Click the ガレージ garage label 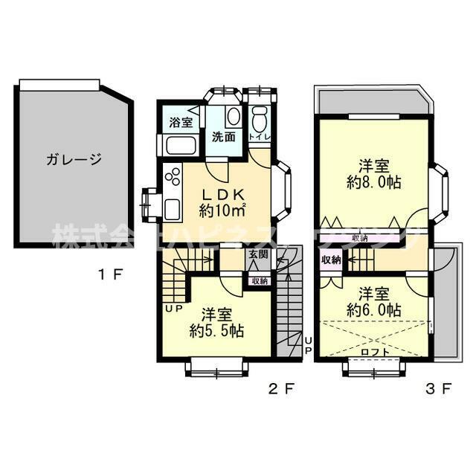click(x=73, y=158)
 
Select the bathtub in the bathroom click(x=179, y=145)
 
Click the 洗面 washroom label click(x=224, y=137)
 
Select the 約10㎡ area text click(x=223, y=210)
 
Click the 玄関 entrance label click(x=258, y=255)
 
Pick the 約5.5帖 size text click(x=216, y=329)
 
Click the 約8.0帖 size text click(x=373, y=181)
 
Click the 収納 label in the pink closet click(x=332, y=260)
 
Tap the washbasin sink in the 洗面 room click(x=232, y=116)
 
